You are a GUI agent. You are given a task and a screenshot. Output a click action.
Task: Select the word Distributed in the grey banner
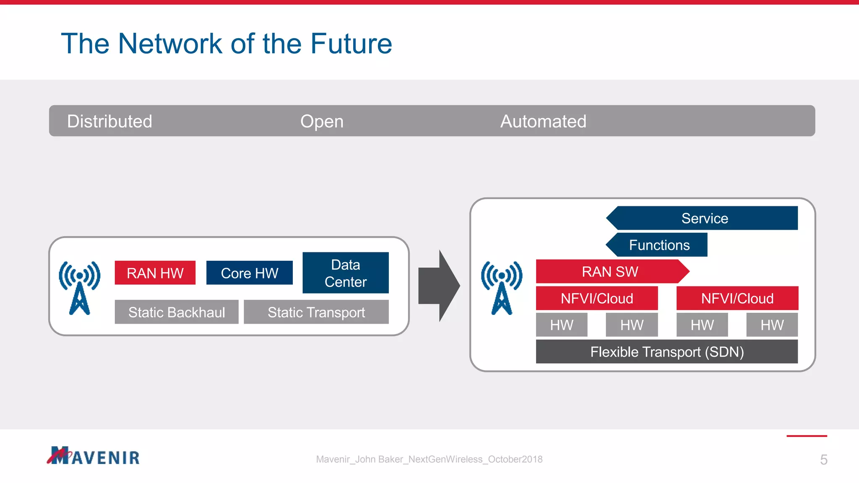pyautogui.click(x=109, y=121)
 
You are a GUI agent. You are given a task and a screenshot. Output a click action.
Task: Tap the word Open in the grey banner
pyautogui.click(x=322, y=121)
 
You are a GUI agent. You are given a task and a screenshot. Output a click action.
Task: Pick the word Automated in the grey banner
pyautogui.click(x=543, y=121)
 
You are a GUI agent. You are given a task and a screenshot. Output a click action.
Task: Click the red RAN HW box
pyautogui.click(x=155, y=273)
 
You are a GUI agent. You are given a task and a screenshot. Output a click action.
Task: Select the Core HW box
pyautogui.click(x=249, y=273)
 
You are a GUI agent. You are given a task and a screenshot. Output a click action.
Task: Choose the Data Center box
pyautogui.click(x=345, y=273)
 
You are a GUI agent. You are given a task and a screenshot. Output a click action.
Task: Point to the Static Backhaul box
pyautogui.click(x=177, y=312)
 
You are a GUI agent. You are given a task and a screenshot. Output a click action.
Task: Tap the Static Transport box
pyautogui.click(x=316, y=312)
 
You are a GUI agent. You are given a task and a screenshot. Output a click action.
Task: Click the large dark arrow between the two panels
pyautogui.click(x=439, y=286)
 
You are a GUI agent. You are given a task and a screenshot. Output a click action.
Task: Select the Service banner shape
pyautogui.click(x=704, y=218)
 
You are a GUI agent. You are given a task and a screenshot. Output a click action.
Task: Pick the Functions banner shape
pyautogui.click(x=659, y=245)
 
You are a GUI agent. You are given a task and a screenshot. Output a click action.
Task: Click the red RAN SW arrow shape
pyautogui.click(x=610, y=271)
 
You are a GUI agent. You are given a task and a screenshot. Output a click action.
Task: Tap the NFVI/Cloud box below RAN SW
pyautogui.click(x=596, y=298)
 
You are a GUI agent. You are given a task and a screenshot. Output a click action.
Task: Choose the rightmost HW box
pyautogui.click(x=772, y=325)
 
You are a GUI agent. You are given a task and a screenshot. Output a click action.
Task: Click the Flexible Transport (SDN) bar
pyautogui.click(x=666, y=351)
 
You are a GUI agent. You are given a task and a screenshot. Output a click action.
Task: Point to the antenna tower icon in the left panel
pyautogui.click(x=80, y=288)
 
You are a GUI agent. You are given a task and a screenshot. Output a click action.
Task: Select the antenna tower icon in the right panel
pyautogui.click(x=502, y=288)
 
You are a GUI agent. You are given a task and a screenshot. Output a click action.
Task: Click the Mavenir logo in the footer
pyautogui.click(x=93, y=456)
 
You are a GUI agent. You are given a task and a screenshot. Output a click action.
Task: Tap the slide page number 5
pyautogui.click(x=823, y=460)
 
